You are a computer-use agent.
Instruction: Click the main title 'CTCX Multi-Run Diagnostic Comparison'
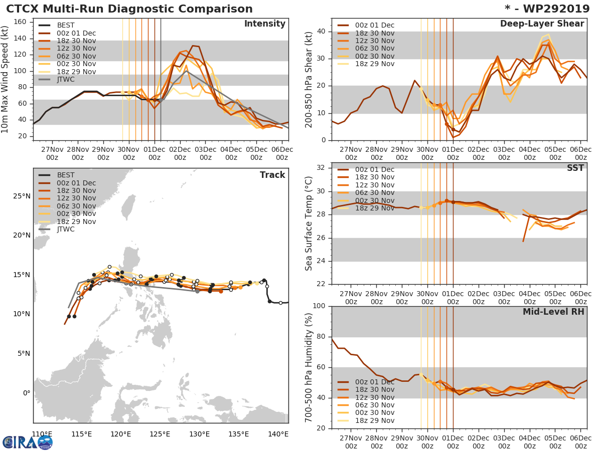129,9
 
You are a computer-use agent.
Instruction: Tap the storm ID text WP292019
552,9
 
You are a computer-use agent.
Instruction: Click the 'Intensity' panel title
264,24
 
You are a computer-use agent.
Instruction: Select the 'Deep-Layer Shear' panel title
542,24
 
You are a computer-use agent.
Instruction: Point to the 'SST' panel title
574,168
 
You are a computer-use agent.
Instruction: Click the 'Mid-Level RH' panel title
553,312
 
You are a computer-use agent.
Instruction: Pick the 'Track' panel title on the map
272,175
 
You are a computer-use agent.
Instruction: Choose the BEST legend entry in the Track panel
65,175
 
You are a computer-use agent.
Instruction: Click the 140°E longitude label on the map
278,433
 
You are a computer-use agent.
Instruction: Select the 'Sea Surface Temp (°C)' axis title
309,223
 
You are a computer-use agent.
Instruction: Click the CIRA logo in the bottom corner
28,442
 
